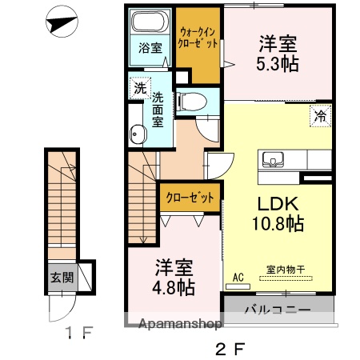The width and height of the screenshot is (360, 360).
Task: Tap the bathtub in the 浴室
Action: click(x=150, y=22)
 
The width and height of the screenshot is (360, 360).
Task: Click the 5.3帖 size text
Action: click(x=278, y=65)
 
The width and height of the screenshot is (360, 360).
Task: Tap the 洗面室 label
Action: click(x=158, y=109)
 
